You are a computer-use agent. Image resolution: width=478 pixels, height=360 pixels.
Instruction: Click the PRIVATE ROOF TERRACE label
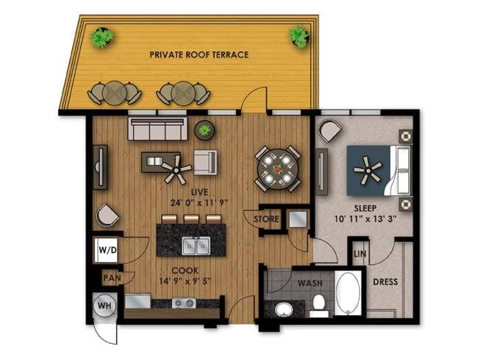[199, 54]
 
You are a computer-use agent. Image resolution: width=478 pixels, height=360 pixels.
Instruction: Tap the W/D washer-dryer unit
[106, 251]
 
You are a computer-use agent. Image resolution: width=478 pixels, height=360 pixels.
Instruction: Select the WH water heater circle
[105, 306]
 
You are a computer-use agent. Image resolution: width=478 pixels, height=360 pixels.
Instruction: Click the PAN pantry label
[113, 278]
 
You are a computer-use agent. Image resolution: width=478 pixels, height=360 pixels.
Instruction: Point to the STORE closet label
[266, 219]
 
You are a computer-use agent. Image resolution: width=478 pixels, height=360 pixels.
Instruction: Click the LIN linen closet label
[360, 253]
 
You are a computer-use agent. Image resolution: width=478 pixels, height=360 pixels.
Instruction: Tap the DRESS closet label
[385, 281]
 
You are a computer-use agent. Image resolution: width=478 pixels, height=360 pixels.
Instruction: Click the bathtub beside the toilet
[348, 293]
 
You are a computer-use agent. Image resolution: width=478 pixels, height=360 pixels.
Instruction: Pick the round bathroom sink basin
[284, 310]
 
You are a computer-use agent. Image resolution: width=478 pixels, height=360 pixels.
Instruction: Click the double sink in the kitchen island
[196, 246]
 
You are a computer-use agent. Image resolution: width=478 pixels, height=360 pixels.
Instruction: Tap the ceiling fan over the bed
[368, 170]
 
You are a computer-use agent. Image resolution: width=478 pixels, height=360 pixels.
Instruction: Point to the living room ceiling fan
[176, 169]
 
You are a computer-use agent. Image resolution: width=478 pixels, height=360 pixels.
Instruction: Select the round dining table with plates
[277, 169]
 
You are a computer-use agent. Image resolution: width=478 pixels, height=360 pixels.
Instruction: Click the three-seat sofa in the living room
[158, 129]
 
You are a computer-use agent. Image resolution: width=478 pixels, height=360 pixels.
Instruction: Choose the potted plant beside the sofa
[204, 130]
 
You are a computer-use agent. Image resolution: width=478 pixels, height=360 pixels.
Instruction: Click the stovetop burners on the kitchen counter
[184, 303]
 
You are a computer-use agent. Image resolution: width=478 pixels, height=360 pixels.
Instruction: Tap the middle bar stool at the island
[191, 219]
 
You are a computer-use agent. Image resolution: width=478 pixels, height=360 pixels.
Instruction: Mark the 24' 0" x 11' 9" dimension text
[199, 203]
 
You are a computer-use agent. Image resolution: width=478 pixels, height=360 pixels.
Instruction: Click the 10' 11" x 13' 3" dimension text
[365, 219]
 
